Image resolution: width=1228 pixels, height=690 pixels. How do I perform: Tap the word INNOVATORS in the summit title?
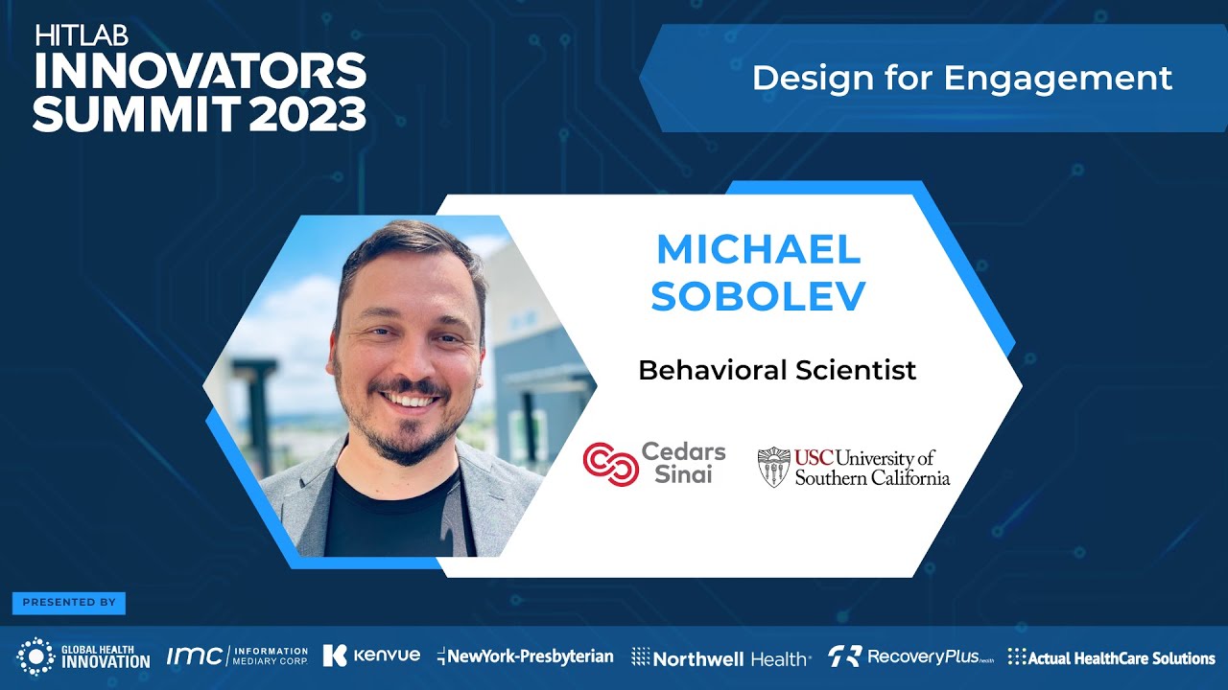pyautogui.click(x=200, y=71)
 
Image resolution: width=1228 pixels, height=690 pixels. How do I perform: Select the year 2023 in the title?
pyautogui.click(x=308, y=114)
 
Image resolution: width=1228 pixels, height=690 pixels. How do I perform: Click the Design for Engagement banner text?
pyautogui.click(x=961, y=79)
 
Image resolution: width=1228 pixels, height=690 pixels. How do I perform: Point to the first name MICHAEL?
pyautogui.click(x=758, y=250)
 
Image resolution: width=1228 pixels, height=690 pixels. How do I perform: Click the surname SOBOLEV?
pyautogui.click(x=758, y=297)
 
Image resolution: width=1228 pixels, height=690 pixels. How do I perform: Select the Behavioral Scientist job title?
pyautogui.click(x=777, y=370)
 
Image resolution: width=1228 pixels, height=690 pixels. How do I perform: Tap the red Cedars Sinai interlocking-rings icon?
pyautogui.click(x=611, y=464)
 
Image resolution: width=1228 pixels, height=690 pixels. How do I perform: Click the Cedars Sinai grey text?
pyautogui.click(x=683, y=464)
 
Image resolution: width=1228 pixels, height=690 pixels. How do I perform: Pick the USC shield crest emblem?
pyautogui.click(x=773, y=467)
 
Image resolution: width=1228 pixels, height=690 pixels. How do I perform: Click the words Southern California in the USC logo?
pyautogui.click(x=872, y=477)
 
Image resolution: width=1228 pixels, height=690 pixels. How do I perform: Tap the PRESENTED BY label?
pyautogui.click(x=69, y=603)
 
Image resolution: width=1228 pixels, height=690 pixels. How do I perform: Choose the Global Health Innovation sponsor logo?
pyautogui.click(x=83, y=656)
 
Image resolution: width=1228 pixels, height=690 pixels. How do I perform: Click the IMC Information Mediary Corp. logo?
pyautogui.click(x=237, y=656)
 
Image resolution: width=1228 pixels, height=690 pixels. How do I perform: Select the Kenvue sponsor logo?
pyautogui.click(x=371, y=655)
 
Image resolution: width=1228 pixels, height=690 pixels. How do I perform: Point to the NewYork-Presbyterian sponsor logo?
pyautogui.click(x=525, y=656)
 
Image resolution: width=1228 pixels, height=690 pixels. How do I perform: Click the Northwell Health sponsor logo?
pyautogui.click(x=720, y=657)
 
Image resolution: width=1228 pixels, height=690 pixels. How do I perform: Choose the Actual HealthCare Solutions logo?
pyautogui.click(x=1111, y=657)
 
